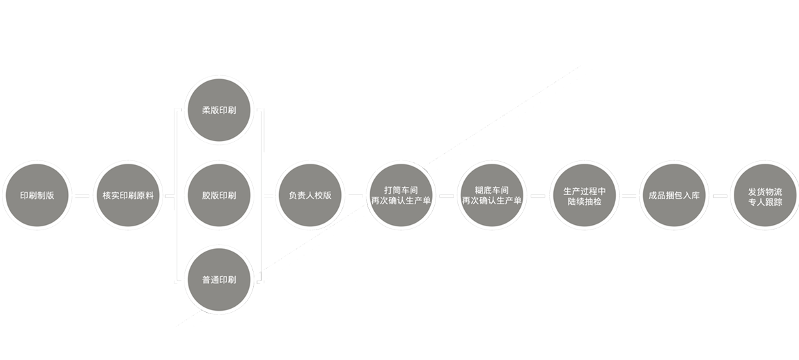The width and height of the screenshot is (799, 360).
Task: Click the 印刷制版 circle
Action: [37, 196]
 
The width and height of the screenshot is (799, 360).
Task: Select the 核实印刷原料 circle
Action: [128, 196]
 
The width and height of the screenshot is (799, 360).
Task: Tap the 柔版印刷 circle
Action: [219, 110]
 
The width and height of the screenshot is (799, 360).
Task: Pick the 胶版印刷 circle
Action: [219, 196]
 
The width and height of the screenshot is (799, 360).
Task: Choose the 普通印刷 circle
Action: [219, 280]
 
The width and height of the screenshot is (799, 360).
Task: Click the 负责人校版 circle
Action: [310, 196]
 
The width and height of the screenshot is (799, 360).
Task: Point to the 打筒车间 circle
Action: [401, 196]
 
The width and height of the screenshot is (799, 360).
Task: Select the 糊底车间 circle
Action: [492, 196]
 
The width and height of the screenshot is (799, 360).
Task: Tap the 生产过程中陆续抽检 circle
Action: [583, 196]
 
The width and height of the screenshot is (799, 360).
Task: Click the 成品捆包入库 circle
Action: [674, 196]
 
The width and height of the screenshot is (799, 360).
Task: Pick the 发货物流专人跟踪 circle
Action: [764, 196]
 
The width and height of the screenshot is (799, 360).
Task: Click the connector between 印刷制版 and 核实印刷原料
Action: [82, 196]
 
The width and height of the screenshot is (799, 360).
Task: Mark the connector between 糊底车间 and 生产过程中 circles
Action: [538, 196]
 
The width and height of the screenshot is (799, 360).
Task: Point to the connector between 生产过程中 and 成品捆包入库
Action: [629, 196]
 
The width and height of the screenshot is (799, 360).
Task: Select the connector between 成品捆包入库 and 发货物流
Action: [719, 196]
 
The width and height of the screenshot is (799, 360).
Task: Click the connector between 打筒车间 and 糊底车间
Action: [447, 196]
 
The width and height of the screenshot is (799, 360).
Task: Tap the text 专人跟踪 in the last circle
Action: [765, 202]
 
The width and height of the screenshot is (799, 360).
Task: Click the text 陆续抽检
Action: [584, 202]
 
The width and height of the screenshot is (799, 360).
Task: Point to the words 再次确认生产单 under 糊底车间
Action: [492, 201]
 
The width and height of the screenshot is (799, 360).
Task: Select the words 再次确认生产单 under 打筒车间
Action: [401, 201]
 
